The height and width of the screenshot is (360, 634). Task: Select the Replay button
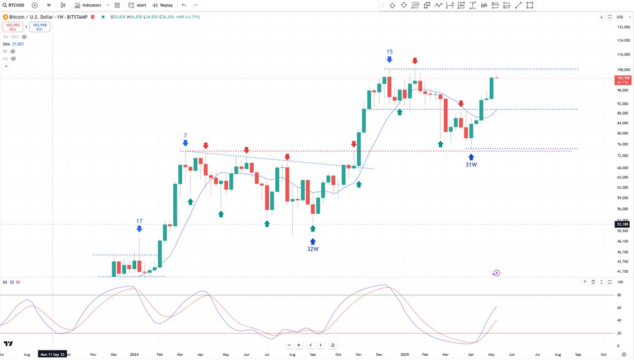coord(163,5)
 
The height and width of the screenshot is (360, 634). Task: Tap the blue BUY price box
coord(40,27)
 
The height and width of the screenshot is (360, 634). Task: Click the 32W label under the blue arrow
coord(313,248)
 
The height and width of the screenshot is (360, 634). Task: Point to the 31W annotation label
coord(471,165)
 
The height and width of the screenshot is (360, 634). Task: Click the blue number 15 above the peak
coord(389,52)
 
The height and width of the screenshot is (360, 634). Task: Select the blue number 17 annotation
coord(139,221)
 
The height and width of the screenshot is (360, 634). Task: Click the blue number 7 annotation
coord(185,136)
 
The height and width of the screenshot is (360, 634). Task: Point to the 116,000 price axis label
coord(623,54)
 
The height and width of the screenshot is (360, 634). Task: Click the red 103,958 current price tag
coord(622,78)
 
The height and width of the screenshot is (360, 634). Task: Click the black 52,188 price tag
coord(622,224)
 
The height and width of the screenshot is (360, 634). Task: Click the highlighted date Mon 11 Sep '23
coord(53,355)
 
